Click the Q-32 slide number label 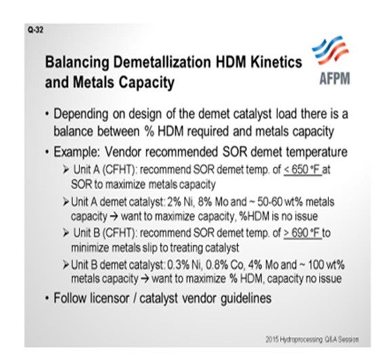(36, 30)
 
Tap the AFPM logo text (334, 79)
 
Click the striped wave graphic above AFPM (330, 50)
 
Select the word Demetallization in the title (162, 62)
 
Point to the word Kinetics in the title (276, 62)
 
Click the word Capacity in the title (147, 83)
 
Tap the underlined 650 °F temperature (303, 169)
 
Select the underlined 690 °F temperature (303, 233)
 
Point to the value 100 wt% (326, 265)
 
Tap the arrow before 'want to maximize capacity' (114, 216)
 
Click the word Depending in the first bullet (81, 115)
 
